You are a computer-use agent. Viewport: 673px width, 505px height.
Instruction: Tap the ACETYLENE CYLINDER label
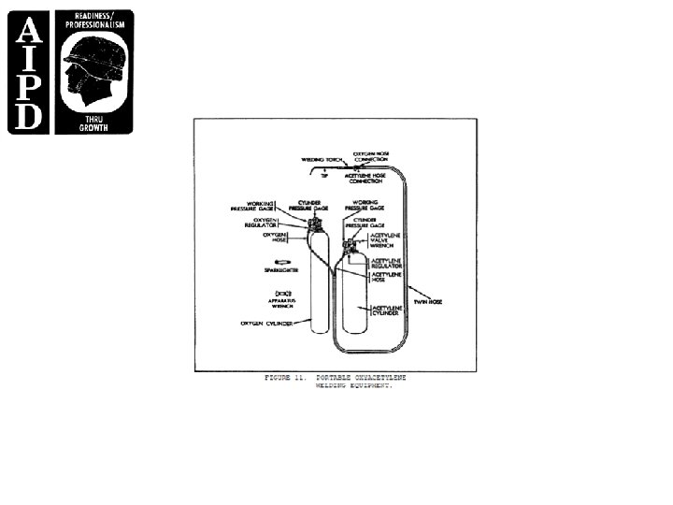click(x=387, y=310)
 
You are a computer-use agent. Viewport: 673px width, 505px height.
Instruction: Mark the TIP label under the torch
click(x=324, y=175)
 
